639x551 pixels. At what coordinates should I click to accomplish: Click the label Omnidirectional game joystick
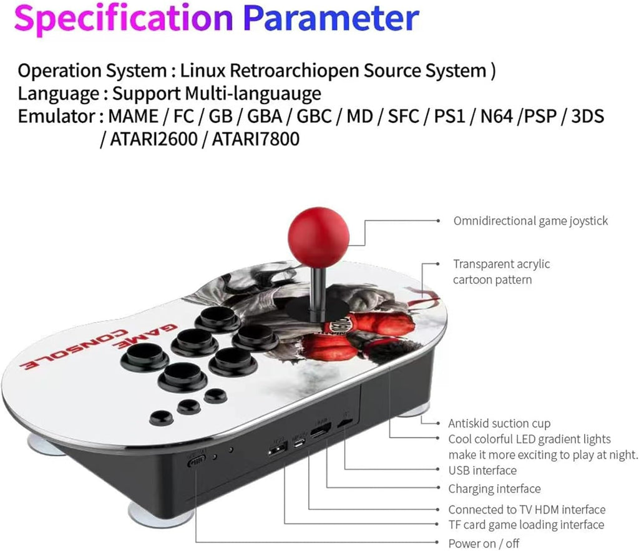tap(530, 221)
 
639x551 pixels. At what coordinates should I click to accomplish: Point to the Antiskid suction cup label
tap(499, 424)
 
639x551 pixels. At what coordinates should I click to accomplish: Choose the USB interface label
tap(482, 471)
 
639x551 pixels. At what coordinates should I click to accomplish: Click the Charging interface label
tap(494, 489)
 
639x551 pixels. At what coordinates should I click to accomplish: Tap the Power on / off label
tap(484, 544)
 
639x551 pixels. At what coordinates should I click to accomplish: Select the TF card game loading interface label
tap(526, 525)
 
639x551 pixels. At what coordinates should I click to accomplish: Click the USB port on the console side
tap(277, 447)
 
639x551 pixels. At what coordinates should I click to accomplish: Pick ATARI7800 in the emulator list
tap(255, 140)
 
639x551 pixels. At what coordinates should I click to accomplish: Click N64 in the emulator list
tap(494, 117)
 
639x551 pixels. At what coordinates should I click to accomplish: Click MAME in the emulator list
tap(132, 117)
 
